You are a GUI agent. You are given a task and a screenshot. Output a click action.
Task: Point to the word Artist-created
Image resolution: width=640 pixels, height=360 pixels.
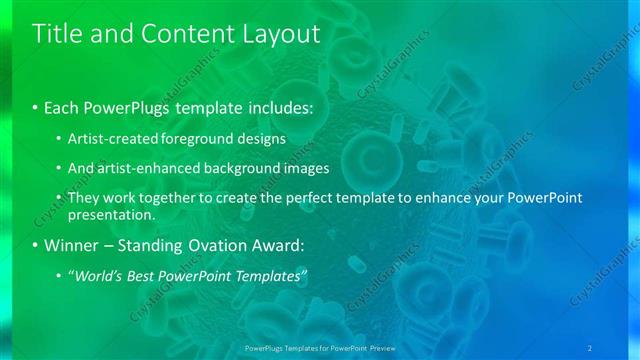[110, 138]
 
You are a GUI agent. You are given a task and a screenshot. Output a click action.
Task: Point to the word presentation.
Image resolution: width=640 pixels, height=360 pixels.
[111, 214]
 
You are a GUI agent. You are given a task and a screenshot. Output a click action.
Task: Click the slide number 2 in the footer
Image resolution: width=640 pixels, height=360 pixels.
[590, 347]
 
